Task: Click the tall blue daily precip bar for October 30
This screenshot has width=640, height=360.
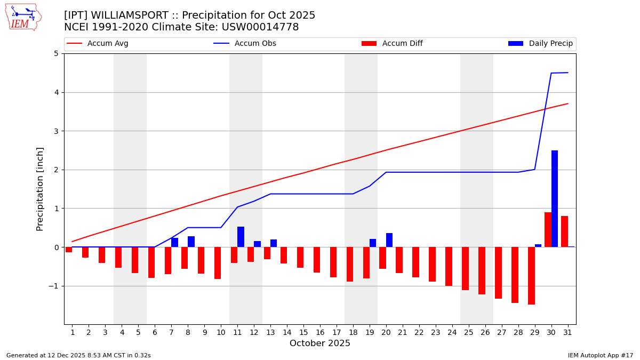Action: (555, 198)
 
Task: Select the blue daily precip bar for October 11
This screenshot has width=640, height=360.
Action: (241, 237)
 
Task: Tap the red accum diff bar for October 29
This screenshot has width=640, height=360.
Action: (531, 276)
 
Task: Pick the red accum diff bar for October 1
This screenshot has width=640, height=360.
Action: (69, 250)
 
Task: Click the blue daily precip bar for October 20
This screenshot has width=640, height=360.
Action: (389, 240)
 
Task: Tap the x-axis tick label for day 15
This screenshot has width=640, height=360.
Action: (303, 332)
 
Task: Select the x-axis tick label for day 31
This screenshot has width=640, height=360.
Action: (567, 332)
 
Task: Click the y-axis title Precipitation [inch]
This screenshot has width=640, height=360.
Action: (40, 189)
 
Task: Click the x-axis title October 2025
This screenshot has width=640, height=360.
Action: (320, 343)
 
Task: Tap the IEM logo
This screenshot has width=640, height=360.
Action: (23, 17)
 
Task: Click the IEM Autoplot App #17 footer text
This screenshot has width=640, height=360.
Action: (600, 355)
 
